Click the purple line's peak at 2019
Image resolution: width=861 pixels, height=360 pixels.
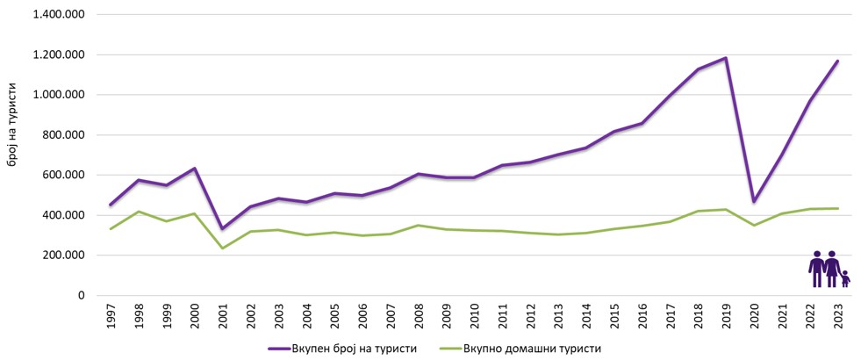(x=726, y=58)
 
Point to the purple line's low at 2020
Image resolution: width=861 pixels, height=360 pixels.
(x=754, y=202)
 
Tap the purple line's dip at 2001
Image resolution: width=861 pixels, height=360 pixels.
(x=222, y=229)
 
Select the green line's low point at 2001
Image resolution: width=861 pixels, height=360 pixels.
(x=222, y=248)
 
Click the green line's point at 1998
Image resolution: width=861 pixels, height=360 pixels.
(x=138, y=212)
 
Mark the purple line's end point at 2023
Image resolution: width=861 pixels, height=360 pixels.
(x=838, y=61)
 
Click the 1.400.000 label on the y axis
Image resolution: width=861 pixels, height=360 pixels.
(x=58, y=15)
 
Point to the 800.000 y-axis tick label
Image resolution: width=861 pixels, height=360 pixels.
(x=63, y=135)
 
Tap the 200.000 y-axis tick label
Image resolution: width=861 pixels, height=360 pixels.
(x=63, y=256)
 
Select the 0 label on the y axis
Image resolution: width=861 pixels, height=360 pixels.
(x=80, y=296)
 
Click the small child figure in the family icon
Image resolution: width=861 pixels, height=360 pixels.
(x=845, y=279)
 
